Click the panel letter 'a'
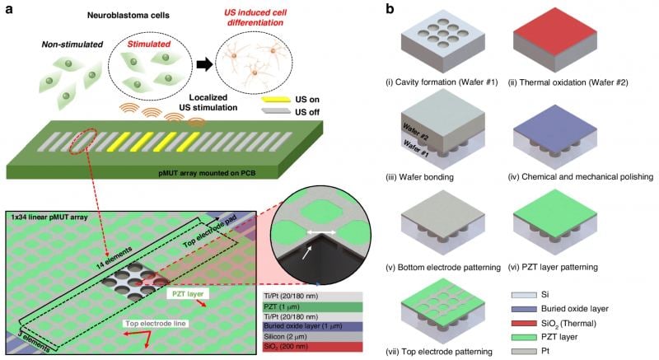6,9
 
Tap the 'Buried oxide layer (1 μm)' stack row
306,327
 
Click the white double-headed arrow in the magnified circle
311,232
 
